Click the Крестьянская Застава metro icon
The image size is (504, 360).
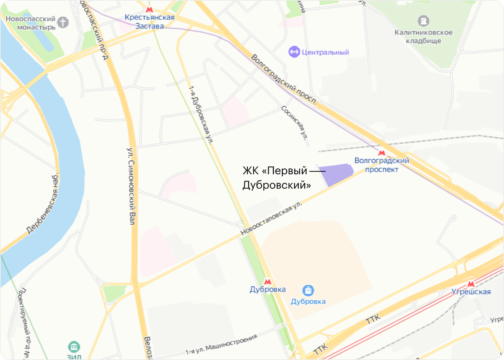(149, 10)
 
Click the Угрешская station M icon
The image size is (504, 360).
(471, 284)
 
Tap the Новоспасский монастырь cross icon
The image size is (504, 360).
(63, 22)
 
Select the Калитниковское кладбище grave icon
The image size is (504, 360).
(423, 20)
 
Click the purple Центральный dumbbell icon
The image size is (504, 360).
(293, 52)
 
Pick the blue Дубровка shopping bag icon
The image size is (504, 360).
(308, 290)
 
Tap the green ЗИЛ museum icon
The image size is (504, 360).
(74, 347)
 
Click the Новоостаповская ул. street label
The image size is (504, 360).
(271, 218)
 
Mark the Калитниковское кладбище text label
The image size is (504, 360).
(423, 37)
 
